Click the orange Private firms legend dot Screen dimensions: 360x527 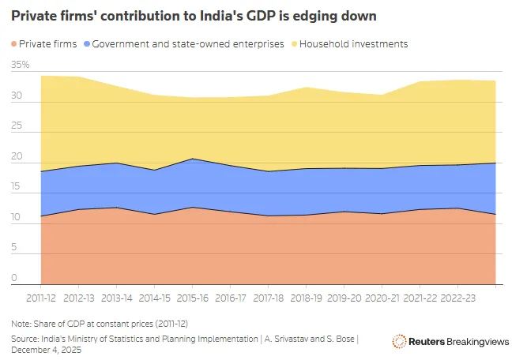click(x=16, y=44)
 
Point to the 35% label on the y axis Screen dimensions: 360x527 click(x=21, y=65)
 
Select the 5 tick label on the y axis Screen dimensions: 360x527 click(x=13, y=248)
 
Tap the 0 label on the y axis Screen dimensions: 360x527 click(x=13, y=278)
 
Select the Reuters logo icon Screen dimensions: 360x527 click(x=399, y=340)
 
